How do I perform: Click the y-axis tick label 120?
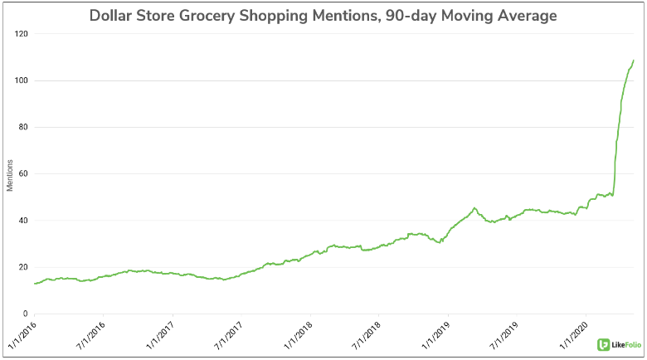click(21, 34)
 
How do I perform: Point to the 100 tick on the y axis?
click(21, 80)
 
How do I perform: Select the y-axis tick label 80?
click(22, 127)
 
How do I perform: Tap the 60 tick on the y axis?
click(22, 174)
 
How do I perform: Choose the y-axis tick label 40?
click(22, 221)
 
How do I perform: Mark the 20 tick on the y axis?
click(22, 267)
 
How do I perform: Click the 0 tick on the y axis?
click(25, 314)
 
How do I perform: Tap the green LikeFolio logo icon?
click(603, 343)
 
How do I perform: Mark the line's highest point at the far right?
click(634, 60)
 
